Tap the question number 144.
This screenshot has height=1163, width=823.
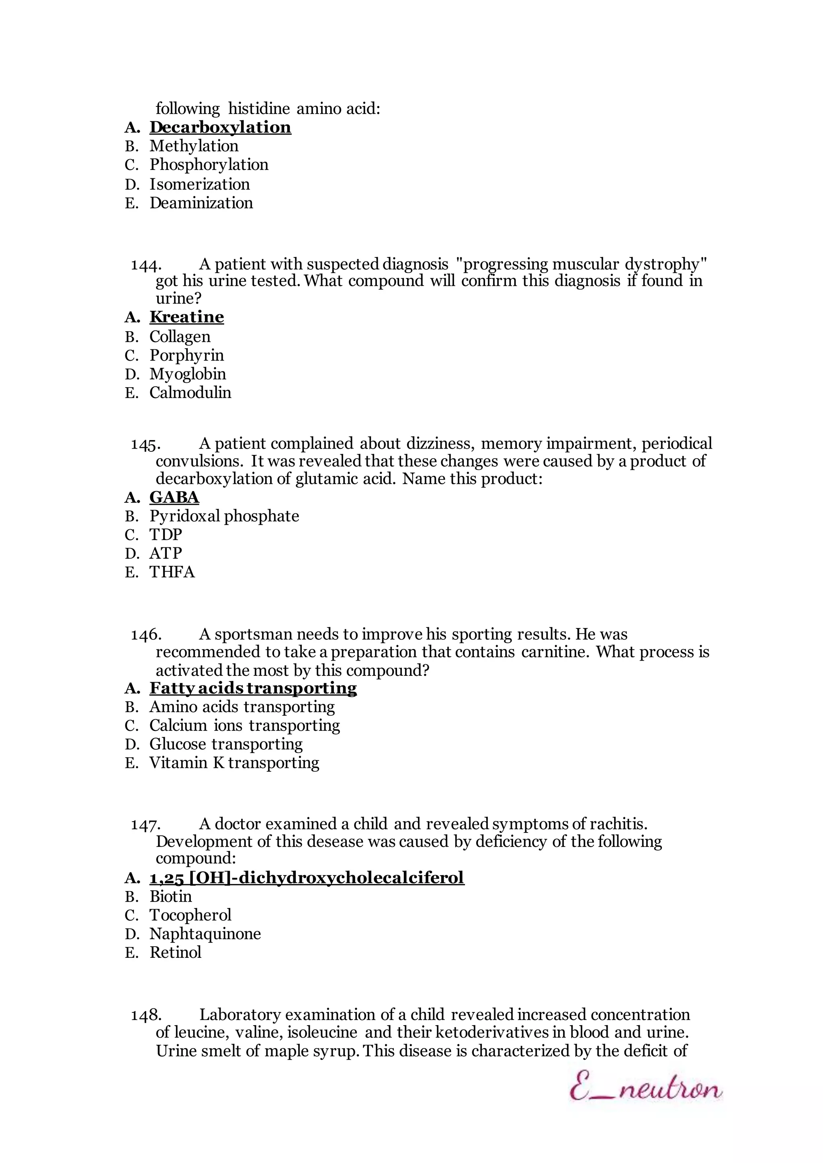146,264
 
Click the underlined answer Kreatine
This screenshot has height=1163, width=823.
186,317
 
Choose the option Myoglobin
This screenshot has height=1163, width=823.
188,374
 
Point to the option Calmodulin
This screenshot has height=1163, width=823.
190,393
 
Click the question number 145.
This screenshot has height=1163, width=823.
146,444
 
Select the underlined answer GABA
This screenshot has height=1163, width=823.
174,498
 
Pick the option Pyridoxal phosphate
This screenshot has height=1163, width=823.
224,516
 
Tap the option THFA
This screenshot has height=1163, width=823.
172,572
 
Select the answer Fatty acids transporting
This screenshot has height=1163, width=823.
253,688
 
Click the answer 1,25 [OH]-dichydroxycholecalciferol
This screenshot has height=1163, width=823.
307,877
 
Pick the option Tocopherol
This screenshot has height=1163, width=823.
190,915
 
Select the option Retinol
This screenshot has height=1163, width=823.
175,952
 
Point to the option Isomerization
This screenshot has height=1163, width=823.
199,184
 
